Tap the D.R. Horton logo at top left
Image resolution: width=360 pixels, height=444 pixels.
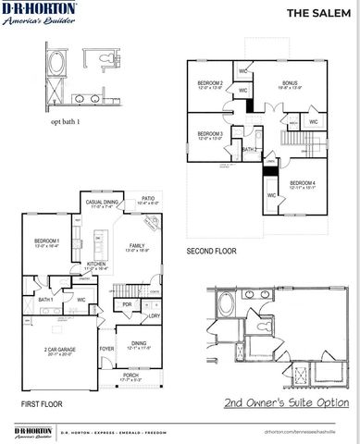coord(39,15)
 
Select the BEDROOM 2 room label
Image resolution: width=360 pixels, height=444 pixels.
coord(211,84)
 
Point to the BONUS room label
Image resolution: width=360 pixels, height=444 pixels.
coord(290,84)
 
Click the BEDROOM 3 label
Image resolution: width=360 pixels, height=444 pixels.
coord(211,134)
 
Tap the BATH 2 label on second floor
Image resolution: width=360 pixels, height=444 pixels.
coord(248,149)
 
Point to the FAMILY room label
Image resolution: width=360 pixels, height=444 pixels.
coord(136,245)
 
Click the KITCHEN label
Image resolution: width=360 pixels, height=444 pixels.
coord(97,265)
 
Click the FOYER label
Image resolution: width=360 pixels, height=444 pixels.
coord(107,349)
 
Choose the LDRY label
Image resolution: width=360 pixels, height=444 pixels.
coord(153,316)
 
